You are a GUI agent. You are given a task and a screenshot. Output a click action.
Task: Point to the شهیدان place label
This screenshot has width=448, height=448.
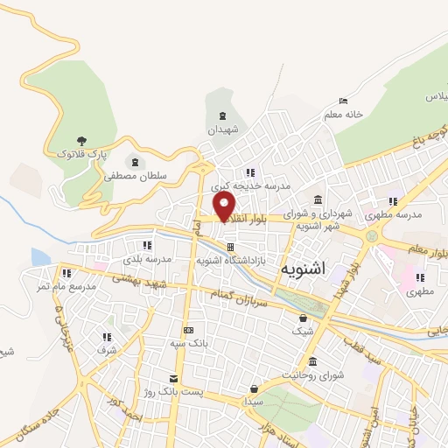click(222, 129)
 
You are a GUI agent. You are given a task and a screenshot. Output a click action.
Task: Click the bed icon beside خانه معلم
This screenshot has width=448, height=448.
click(341, 101)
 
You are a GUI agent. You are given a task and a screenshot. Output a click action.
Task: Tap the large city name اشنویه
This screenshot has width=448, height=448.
click(302, 269)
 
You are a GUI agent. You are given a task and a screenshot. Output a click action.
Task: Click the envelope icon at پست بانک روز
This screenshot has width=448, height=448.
click(174, 378)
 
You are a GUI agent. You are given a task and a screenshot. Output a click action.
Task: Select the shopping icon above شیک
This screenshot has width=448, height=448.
click(303, 318)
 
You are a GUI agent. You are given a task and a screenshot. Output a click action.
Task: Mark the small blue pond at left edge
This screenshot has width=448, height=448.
click(40, 257)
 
